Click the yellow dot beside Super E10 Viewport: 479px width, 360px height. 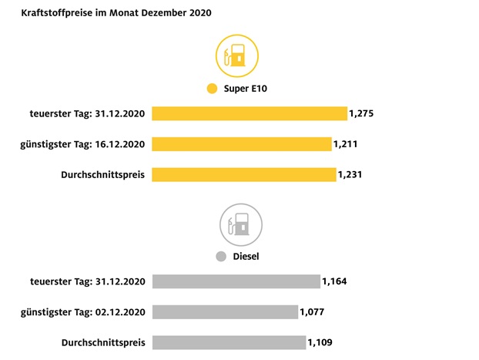click(x=212, y=89)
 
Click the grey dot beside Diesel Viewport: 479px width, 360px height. click(x=221, y=257)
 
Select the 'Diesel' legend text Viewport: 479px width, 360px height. click(x=246, y=257)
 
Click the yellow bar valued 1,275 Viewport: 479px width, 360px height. click(x=250, y=113)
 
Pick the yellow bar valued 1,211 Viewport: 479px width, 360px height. click(x=242, y=144)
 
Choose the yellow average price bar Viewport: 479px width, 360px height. click(x=244, y=175)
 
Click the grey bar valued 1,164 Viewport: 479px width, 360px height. click(x=236, y=281)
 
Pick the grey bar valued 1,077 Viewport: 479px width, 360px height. click(x=225, y=312)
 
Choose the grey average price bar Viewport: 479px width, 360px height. click(x=229, y=342)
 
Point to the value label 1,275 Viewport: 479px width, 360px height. click(x=361, y=113)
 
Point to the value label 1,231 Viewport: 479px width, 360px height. click(x=350, y=175)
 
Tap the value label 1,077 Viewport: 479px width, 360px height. click(x=313, y=312)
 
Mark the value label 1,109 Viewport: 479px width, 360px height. click(x=320, y=342)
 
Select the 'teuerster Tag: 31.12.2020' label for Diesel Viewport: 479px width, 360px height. click(x=89, y=281)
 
